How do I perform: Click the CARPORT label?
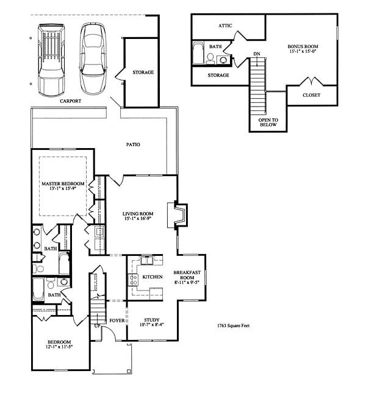pyautogui.click(x=71, y=101)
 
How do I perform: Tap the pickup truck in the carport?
pyautogui.click(x=51, y=60)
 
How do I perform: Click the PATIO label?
pyautogui.click(x=133, y=144)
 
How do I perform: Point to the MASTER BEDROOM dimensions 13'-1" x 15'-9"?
pyautogui.click(x=63, y=188)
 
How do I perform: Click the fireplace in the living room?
pyautogui.click(x=178, y=214)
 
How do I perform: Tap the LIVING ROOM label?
pyautogui.click(x=138, y=214)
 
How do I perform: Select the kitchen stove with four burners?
pyautogui.click(x=133, y=280)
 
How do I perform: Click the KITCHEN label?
pyautogui.click(x=152, y=277)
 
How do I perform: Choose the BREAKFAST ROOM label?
pyautogui.click(x=187, y=275)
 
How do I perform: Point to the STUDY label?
pyautogui.click(x=152, y=320)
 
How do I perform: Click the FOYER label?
pyautogui.click(x=117, y=320)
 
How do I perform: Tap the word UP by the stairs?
pyautogui.click(x=98, y=326)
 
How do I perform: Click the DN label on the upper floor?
pyautogui.click(x=257, y=54)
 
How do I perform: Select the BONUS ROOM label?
pyautogui.click(x=303, y=46)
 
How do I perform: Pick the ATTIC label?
pyautogui.click(x=225, y=26)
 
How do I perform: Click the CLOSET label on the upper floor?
pyautogui.click(x=311, y=95)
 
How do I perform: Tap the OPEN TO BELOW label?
pyautogui.click(x=268, y=122)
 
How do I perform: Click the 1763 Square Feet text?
pyautogui.click(x=234, y=325)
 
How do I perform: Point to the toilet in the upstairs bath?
pyautogui.click(x=210, y=58)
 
